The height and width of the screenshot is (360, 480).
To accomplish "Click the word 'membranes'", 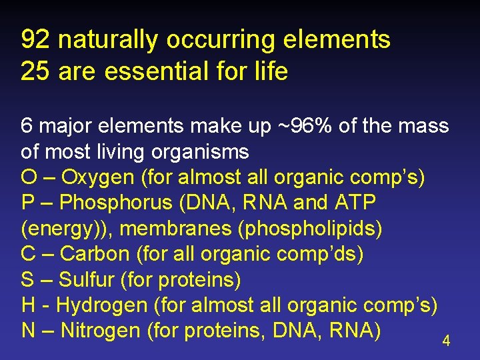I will tap(175, 229).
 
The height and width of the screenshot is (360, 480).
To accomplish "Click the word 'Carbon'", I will tap(95, 254).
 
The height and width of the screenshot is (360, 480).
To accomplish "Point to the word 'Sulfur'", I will tap(87, 280).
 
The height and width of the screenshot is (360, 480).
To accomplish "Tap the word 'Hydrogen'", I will tap(102, 305).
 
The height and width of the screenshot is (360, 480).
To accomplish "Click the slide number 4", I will tap(446, 341).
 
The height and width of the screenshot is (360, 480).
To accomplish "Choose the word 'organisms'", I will tap(200, 152).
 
